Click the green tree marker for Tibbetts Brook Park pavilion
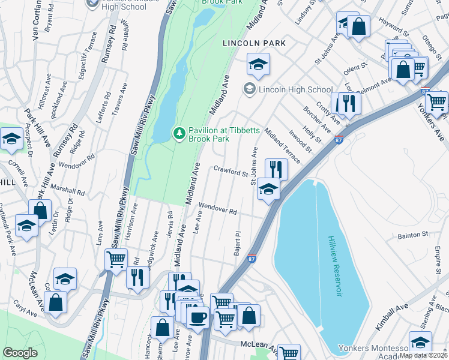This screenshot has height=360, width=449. coord(178,133)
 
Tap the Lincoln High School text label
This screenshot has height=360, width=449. coord(295,89)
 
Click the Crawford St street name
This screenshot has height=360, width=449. coord(231,172)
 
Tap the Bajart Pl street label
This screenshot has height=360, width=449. coord(238,244)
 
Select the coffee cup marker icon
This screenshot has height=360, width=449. coord(197,316)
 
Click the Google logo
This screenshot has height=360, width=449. coord(20,353)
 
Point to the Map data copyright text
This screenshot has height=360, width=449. coord(424,355)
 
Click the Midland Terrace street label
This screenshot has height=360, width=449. coord(282,147)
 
